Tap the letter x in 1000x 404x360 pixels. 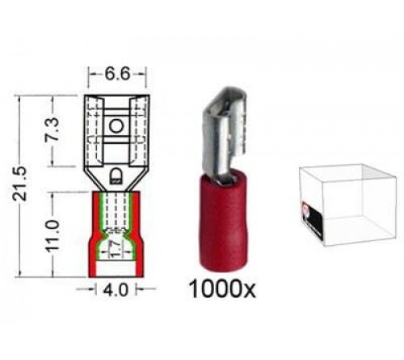pyautogui.click(x=256, y=290)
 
